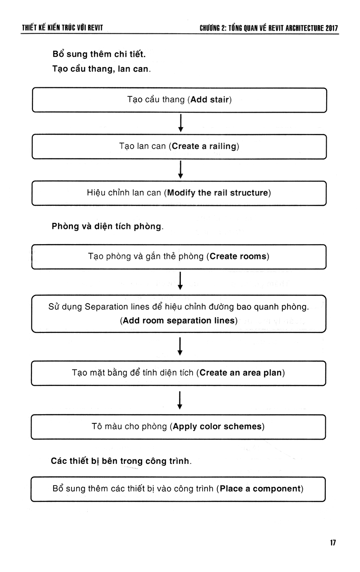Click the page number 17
(333, 543)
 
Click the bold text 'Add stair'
(209, 100)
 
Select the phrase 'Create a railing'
(204, 146)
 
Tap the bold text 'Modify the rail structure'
(218, 193)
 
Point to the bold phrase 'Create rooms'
(238, 256)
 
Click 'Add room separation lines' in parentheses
(179, 321)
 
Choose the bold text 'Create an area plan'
(241, 372)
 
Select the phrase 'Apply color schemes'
(217, 426)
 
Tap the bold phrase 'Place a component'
(260, 489)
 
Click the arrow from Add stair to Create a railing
(180, 123)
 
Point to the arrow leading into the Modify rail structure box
(180, 169)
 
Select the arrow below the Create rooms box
(180, 281)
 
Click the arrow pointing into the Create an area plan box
(180, 346)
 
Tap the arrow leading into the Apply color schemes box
(180, 400)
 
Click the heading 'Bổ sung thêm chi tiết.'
(99, 54)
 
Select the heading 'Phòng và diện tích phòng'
(108, 226)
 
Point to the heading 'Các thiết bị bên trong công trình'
(121, 461)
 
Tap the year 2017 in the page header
(332, 28)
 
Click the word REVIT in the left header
(95, 27)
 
